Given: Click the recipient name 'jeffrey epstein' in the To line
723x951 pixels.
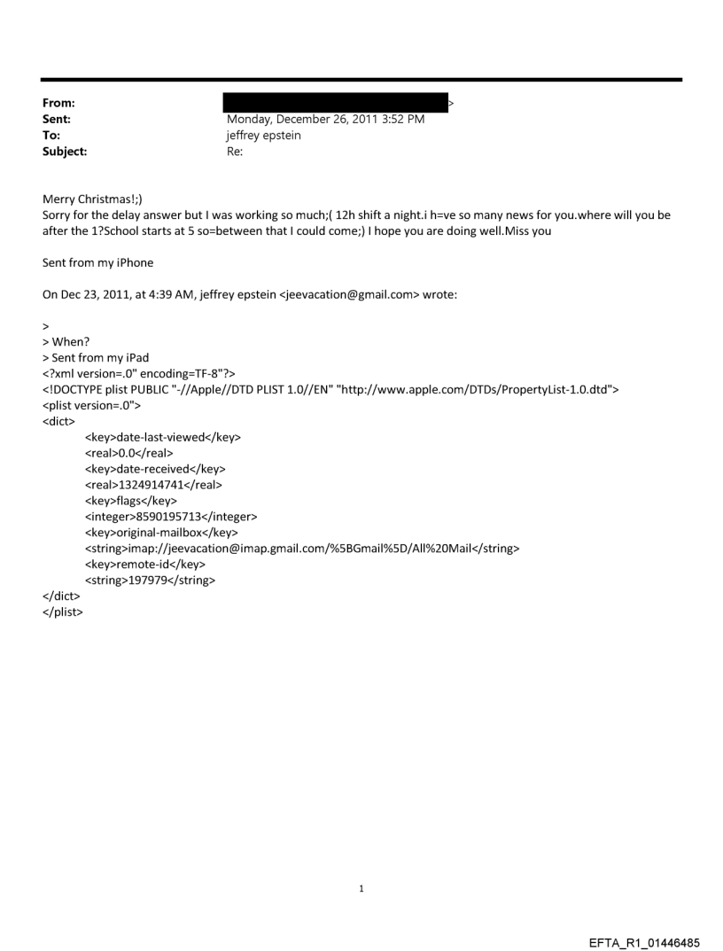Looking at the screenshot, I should pos(264,136).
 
